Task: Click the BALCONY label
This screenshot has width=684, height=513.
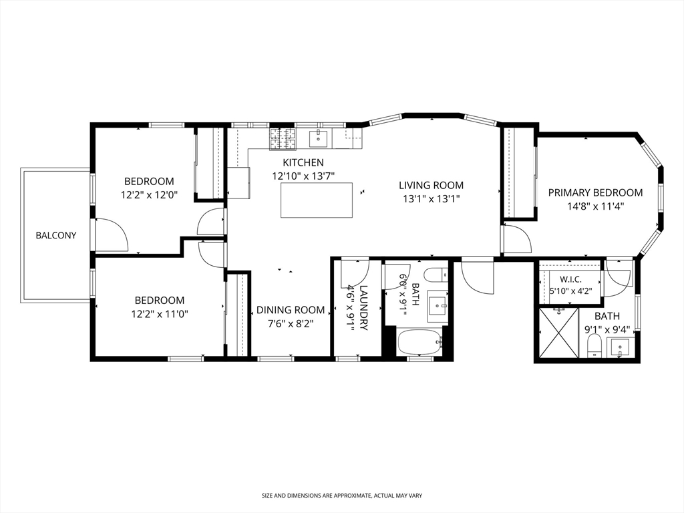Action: (56, 236)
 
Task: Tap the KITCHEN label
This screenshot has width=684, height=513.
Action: (303, 163)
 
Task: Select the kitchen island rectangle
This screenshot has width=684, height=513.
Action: (316, 200)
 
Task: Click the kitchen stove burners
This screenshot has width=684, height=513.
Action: (283, 139)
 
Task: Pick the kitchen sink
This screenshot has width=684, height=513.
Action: (320, 138)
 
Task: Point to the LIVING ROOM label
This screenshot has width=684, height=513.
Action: (431, 186)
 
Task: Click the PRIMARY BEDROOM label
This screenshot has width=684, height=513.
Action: (595, 192)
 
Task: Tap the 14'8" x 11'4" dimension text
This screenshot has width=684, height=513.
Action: (595, 206)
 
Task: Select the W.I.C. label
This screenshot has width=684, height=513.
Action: (570, 280)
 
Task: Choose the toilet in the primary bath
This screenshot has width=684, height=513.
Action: (594, 345)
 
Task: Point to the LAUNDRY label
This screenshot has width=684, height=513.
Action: (363, 307)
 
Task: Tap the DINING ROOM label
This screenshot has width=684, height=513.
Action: (291, 310)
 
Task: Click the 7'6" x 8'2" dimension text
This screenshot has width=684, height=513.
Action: (291, 324)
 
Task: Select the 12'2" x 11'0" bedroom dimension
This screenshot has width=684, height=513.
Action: (160, 314)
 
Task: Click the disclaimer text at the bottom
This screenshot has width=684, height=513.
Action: (342, 496)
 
